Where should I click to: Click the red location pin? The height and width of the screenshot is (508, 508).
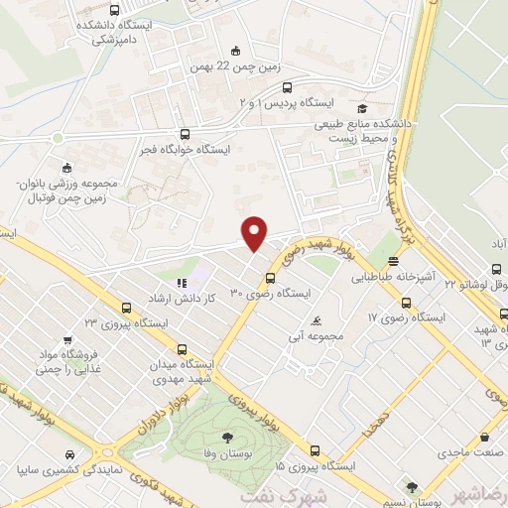pos(255,233)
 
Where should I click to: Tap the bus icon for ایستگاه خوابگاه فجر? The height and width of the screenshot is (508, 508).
pos(185,134)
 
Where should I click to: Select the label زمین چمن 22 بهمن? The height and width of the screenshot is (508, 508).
pos(235,68)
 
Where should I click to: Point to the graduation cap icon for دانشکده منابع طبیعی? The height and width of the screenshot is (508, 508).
pos(363,109)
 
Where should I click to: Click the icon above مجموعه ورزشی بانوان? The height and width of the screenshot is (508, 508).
pos(65,168)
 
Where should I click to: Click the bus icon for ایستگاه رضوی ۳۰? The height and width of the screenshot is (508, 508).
pos(270,276)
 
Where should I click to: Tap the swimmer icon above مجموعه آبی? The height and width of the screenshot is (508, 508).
pos(315,319)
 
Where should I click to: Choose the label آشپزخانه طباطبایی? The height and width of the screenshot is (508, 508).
pos(394,279)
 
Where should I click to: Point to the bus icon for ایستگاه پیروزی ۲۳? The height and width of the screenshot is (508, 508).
pos(124,307)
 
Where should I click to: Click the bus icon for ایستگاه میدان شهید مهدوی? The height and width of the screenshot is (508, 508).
pos(182,348)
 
